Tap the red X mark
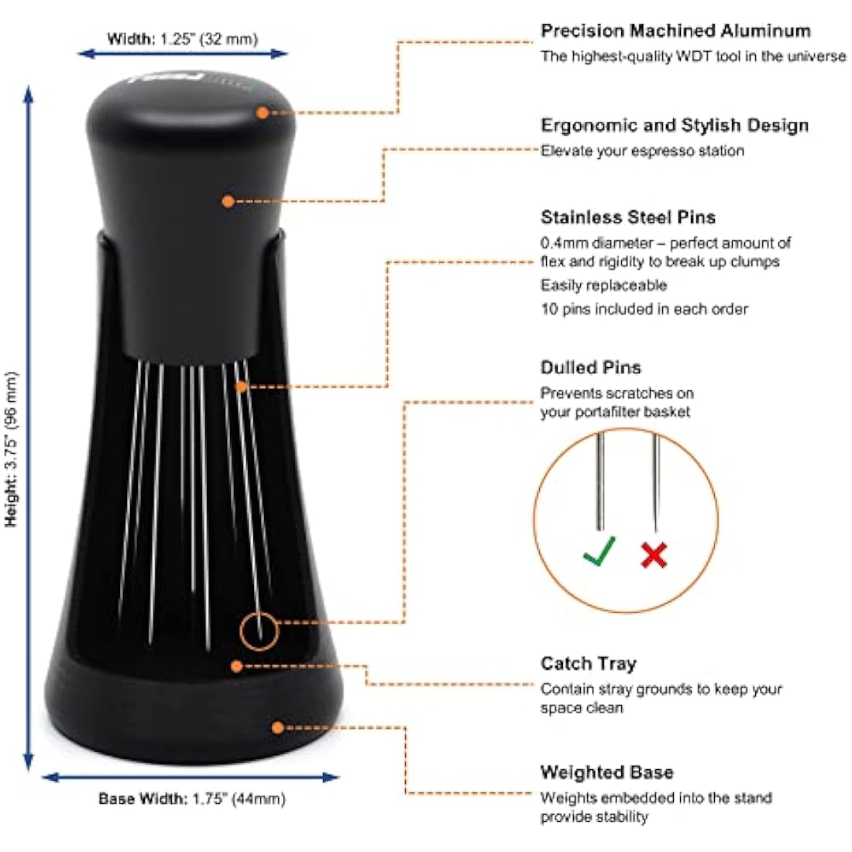(654, 555)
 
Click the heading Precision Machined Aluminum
(675, 31)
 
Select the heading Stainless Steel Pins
(628, 217)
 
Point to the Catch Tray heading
(589, 664)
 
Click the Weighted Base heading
(606, 772)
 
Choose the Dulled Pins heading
(591, 367)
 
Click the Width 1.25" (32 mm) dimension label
(183, 39)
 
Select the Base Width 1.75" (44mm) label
(192, 799)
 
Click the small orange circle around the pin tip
(259, 631)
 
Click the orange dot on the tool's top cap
(263, 112)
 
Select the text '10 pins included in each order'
(644, 309)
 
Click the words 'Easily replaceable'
(603, 286)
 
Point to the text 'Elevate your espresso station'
(642, 151)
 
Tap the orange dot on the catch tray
(237, 665)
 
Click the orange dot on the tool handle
(228, 201)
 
